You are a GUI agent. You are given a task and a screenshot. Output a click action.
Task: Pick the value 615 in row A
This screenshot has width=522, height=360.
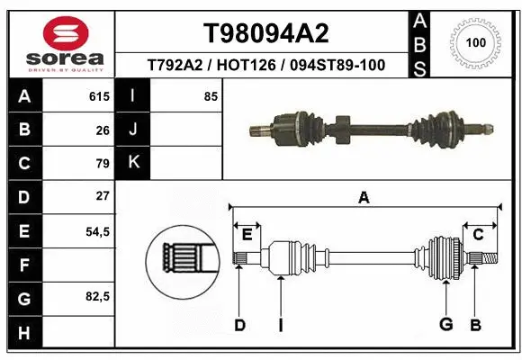99,96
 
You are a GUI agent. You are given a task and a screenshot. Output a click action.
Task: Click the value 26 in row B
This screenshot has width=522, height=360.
102,130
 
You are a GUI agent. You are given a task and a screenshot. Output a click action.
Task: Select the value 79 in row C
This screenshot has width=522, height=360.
102,163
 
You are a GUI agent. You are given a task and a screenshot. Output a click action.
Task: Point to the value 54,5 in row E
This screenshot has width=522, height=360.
96,231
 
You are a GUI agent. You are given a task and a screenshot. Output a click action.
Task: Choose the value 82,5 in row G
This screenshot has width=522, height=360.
96,297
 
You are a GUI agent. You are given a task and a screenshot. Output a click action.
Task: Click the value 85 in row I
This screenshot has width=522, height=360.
211,96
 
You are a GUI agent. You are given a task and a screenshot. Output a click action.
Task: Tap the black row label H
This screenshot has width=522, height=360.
23,332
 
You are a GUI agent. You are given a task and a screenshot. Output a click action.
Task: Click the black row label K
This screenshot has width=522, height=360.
133,163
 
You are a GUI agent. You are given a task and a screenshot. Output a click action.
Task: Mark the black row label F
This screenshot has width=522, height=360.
23,265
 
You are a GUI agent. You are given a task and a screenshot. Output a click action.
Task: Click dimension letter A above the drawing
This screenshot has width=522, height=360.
364,198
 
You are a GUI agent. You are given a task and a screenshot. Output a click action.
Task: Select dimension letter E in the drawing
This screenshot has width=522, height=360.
247,235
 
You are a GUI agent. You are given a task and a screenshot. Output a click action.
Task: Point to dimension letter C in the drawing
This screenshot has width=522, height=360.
479,235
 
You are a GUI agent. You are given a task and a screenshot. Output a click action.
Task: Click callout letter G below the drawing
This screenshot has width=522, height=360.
445,324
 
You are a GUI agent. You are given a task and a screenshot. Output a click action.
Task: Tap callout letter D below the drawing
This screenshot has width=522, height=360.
239,324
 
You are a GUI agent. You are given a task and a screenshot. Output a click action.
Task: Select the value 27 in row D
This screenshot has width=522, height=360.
102,196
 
